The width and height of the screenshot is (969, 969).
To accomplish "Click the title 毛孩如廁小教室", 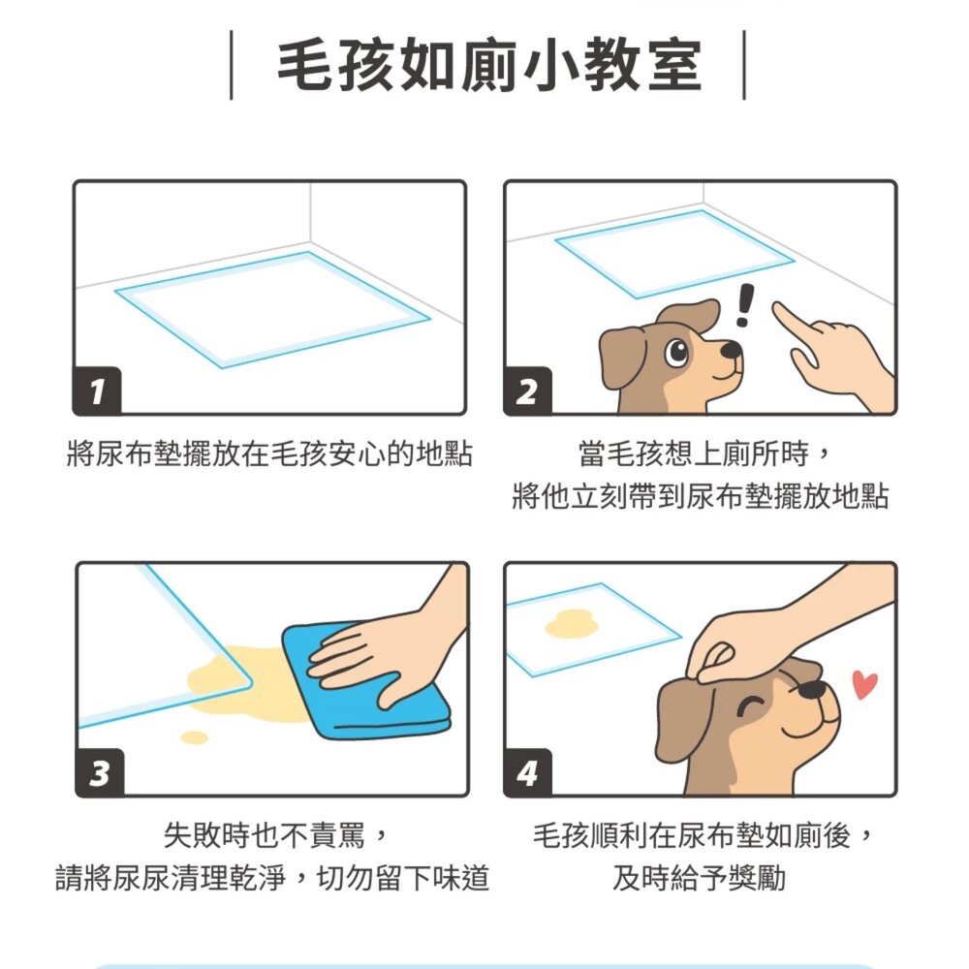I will pyautogui.click(x=487, y=66).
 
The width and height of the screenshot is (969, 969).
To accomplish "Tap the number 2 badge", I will pyautogui.click(x=527, y=391).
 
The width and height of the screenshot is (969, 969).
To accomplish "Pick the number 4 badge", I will pyautogui.click(x=527, y=773).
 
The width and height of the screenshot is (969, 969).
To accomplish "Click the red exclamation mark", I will pyautogui.click(x=744, y=304).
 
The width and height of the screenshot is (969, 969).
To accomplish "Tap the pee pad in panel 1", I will pyautogui.click(x=271, y=308).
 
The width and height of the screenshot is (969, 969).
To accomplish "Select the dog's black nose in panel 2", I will pyautogui.click(x=735, y=347).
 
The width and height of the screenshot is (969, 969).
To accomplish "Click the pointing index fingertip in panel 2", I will pyautogui.click(x=779, y=308).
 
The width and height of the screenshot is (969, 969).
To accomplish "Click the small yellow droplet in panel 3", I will pyautogui.click(x=195, y=737).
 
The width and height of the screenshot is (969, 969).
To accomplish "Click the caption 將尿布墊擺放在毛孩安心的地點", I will pyautogui.click(x=269, y=453).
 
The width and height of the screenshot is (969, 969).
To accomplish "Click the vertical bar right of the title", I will pyautogui.click(x=744, y=65).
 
